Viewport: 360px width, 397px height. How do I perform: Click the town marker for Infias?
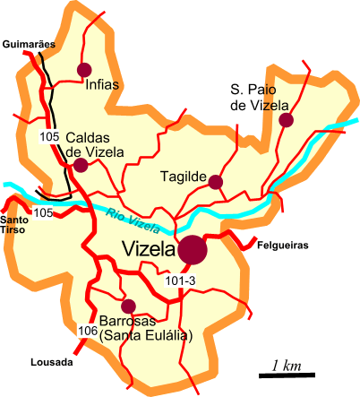coord(85,69)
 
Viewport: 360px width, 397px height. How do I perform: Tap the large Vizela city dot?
coord(192,250)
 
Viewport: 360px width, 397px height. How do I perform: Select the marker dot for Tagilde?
coord(215,182)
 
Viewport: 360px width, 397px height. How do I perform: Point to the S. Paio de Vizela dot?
coord(286,119)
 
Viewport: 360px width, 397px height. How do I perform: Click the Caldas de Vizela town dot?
coord(81,165)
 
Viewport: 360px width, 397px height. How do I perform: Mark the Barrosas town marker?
coord(128,306)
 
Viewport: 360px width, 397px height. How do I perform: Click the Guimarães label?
coord(29,43)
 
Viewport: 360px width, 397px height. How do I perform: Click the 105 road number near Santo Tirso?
coord(42,212)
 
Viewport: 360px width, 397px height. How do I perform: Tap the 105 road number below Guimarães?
coord(50,136)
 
